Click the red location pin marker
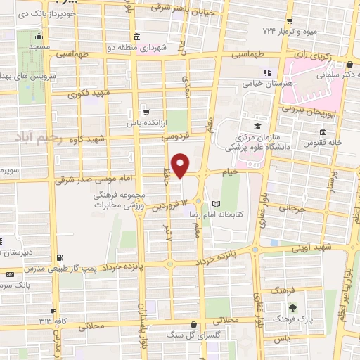tap(181, 165)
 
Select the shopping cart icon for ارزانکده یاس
tap(146, 110)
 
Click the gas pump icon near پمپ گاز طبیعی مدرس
tap(58, 257)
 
